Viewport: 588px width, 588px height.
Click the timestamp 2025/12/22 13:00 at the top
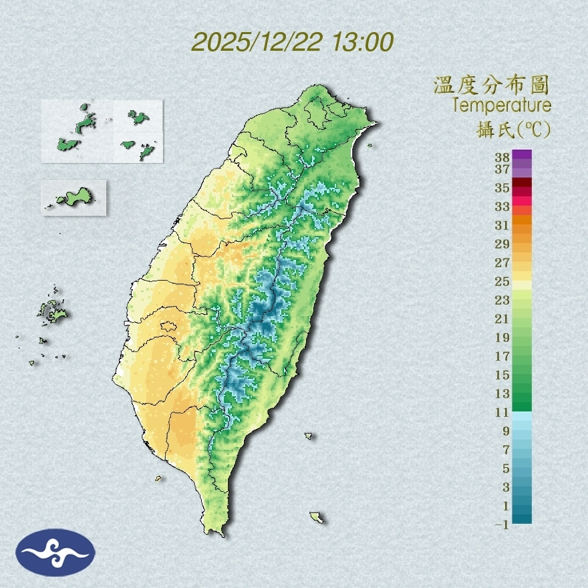click(x=292, y=41)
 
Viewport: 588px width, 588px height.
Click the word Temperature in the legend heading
click(x=501, y=105)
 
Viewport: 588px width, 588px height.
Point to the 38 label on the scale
click(x=502, y=158)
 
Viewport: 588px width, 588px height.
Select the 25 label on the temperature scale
click(x=502, y=281)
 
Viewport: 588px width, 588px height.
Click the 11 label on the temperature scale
click(x=502, y=412)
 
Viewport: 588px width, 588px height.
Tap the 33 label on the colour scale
click(x=502, y=206)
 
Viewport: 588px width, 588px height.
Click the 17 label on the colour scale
click(x=502, y=356)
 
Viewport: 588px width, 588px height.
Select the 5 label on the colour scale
click(x=506, y=468)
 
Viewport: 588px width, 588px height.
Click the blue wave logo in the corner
click(x=56, y=552)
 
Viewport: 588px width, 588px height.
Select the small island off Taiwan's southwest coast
click(x=158, y=478)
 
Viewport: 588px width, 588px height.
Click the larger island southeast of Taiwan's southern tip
click(x=317, y=517)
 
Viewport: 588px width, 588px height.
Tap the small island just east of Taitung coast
click(x=309, y=436)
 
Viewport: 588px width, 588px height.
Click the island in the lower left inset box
click(x=73, y=197)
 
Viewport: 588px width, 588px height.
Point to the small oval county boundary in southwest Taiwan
click(x=168, y=327)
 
